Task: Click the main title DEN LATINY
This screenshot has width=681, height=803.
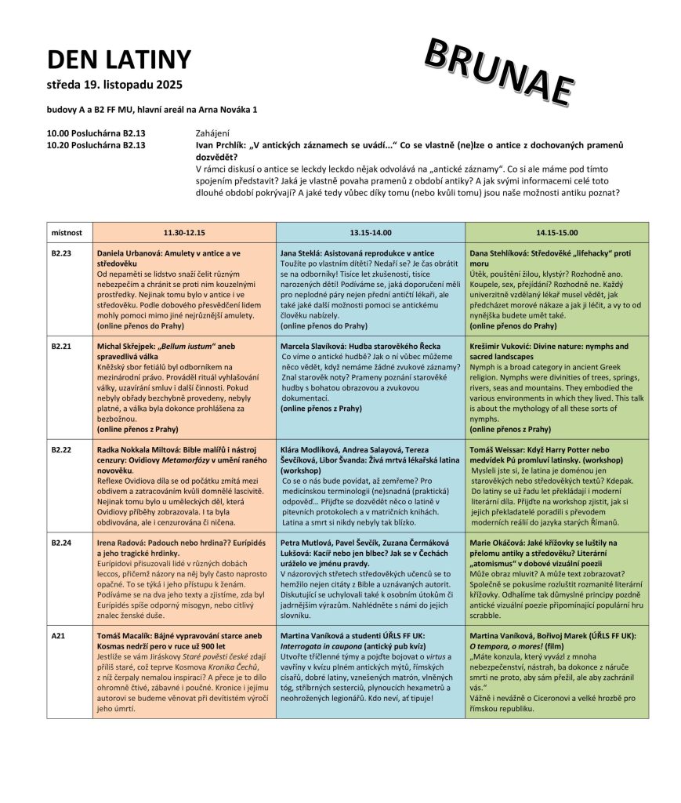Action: coord(118,60)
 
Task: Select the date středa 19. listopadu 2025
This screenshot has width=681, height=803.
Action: coord(114,84)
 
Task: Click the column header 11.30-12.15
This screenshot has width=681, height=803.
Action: coord(184,232)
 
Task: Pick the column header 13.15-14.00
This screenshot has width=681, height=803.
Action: coord(371,232)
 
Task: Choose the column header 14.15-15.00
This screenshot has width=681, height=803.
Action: coord(556,232)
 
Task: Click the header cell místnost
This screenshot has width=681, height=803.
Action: coord(67,232)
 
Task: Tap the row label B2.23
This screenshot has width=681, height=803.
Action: coord(62,253)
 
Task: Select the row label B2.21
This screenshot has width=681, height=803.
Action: coord(62,346)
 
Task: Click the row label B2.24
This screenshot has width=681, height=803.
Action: coord(62,541)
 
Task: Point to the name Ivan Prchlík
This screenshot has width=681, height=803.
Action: coord(222,145)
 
